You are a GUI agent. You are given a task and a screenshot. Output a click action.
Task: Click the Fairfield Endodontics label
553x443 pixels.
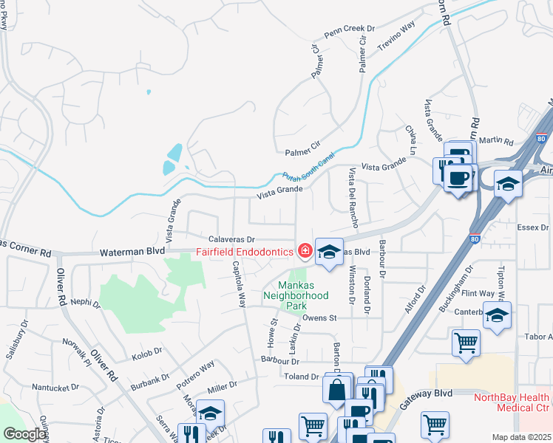245,253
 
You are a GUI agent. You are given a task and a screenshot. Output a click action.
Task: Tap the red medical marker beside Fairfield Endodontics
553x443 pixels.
304,252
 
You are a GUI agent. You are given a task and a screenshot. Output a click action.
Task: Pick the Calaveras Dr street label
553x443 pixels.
231,240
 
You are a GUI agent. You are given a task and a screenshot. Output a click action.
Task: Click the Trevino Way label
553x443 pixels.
397,36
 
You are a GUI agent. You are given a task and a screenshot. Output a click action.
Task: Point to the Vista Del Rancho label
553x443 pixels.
353,197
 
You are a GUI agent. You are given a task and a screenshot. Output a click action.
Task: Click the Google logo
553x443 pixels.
24,434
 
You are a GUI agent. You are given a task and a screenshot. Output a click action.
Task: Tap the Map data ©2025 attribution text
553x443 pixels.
521,437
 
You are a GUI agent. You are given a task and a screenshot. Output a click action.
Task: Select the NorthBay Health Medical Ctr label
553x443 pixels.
512,402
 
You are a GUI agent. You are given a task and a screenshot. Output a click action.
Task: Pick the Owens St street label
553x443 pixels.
319,318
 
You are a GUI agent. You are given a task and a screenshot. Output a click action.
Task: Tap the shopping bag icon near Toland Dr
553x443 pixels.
336,389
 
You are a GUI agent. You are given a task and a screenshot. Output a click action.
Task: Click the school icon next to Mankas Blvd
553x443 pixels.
329,251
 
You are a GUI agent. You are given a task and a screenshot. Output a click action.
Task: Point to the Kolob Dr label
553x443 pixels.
146,355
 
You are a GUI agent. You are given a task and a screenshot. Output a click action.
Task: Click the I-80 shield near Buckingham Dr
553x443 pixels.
474,239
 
